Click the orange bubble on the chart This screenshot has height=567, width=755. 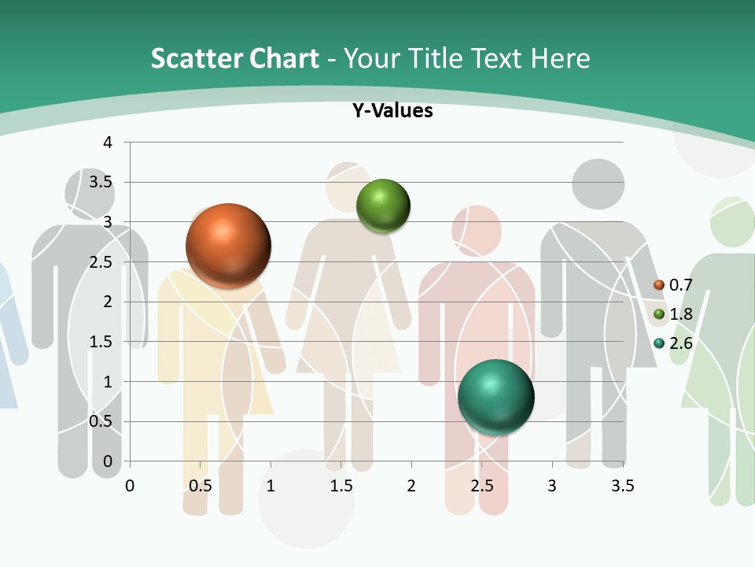pos(228,246)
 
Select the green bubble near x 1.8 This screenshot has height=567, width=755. pos(384,206)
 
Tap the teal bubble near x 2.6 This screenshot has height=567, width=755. pos(495,397)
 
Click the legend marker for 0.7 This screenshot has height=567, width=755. pos(659,284)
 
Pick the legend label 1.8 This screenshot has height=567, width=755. pos(680,314)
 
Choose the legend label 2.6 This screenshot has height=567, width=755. pos(680,343)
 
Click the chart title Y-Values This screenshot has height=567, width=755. pos(392,111)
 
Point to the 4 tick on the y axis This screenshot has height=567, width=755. pos(108,143)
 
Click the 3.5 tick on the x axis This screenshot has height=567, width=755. pos(622,486)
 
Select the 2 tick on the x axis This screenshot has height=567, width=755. pos(411,486)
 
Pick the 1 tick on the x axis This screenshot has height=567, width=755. pos(271,486)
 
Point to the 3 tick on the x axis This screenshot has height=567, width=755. pos(552,486)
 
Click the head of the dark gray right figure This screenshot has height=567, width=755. pos(598,184)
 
